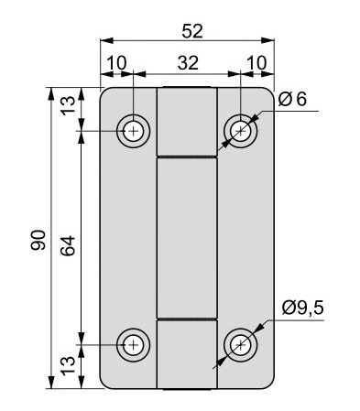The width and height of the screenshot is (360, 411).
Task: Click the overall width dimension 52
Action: click(x=192, y=31)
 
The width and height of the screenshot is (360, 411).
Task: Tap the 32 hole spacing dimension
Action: click(x=188, y=63)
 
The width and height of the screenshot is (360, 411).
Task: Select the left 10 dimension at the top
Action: click(x=116, y=63)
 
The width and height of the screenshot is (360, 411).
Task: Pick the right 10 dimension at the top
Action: click(x=256, y=63)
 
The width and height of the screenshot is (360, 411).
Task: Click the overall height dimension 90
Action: click(x=38, y=240)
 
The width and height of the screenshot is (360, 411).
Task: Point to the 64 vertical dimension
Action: click(x=68, y=245)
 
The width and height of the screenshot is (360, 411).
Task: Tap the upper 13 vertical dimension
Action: click(x=68, y=106)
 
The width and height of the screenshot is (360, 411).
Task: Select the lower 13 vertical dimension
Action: click(x=68, y=366)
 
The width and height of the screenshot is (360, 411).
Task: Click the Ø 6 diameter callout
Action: click(x=292, y=100)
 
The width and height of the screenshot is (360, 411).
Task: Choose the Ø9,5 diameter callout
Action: click(x=302, y=308)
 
